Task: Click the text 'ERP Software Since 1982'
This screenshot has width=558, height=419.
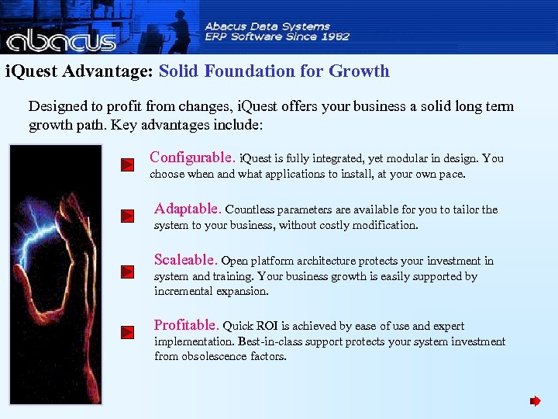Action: click(277, 36)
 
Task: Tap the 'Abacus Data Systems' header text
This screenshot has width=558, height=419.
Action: click(267, 26)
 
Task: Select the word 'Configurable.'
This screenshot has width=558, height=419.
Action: click(193, 158)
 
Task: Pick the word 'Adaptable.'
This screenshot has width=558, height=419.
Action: click(188, 209)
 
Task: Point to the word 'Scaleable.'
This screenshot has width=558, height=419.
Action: click(186, 260)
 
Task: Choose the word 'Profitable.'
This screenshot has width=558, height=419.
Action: click(187, 325)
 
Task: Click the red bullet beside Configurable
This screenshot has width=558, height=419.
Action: click(128, 164)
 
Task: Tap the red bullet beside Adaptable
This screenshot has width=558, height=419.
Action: click(128, 216)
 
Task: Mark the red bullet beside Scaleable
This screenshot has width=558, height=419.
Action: click(128, 272)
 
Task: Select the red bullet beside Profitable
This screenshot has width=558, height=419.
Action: click(128, 332)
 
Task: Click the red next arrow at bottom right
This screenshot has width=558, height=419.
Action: click(535, 401)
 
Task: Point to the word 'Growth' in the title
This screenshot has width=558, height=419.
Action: click(359, 71)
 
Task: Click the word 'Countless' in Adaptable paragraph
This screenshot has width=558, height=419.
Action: click(249, 209)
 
